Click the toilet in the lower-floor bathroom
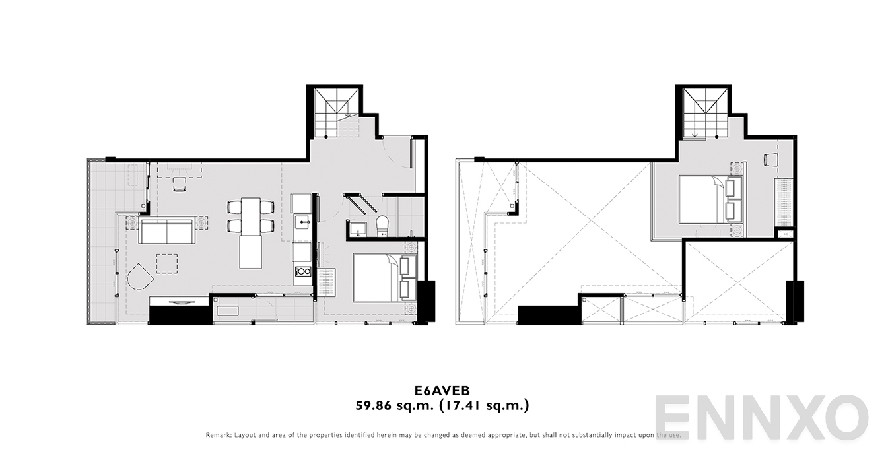382,226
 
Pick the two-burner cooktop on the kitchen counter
302,271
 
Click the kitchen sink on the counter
302,220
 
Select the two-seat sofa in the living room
166,232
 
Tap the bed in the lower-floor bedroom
376,278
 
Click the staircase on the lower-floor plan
335,111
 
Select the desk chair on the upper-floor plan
768,159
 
